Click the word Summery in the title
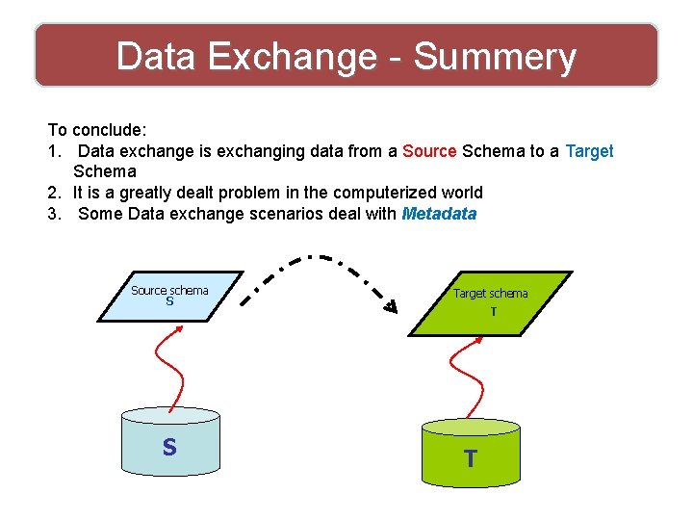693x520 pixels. click(495, 58)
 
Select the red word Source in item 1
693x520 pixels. click(429, 151)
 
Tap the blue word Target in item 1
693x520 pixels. click(589, 151)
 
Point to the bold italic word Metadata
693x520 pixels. click(439, 214)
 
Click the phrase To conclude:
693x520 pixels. click(96, 130)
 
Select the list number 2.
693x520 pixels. click(53, 193)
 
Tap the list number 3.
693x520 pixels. click(53, 214)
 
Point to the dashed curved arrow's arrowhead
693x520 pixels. click(390, 307)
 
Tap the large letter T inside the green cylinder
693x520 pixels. click(470, 459)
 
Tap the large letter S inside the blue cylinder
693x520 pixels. click(169, 448)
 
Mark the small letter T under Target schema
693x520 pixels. click(493, 312)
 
